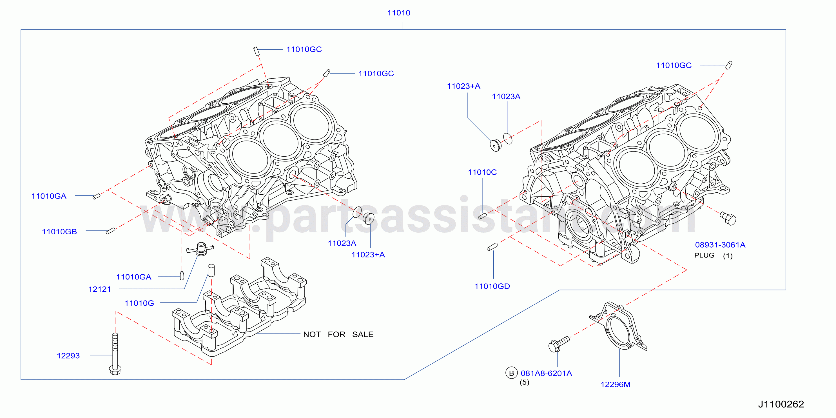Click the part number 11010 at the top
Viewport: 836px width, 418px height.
(x=398, y=13)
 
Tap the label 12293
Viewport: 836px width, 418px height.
(x=68, y=356)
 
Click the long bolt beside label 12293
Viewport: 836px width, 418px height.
(x=115, y=354)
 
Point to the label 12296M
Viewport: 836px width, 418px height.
(x=615, y=384)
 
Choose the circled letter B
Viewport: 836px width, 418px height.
(x=511, y=373)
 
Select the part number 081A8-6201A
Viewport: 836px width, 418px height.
(x=546, y=373)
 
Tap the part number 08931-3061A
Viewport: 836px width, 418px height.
(x=720, y=245)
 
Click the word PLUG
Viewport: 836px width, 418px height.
(x=704, y=255)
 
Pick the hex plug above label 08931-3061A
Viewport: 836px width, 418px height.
(x=728, y=218)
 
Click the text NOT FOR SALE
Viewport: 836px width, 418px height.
(x=338, y=335)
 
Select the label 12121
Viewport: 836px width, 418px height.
(x=100, y=290)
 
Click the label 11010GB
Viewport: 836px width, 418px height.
(x=59, y=232)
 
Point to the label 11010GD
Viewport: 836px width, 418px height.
(x=492, y=286)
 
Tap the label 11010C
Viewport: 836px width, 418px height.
(x=482, y=172)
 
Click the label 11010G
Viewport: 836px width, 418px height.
(x=139, y=303)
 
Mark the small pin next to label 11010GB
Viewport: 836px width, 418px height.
(x=111, y=231)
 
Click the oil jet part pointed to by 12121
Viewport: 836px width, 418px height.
(x=200, y=249)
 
